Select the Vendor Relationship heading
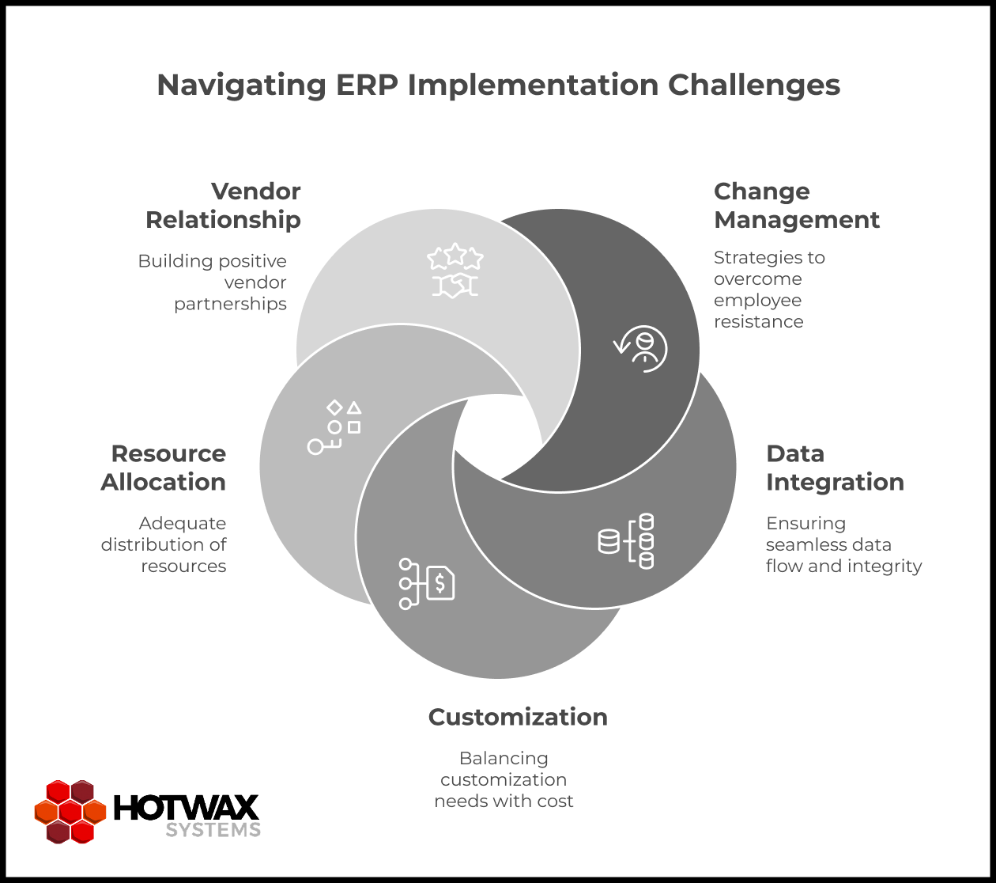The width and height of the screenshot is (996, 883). click(x=223, y=206)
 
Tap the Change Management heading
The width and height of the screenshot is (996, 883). click(x=796, y=206)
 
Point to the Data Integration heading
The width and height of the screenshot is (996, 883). click(x=835, y=468)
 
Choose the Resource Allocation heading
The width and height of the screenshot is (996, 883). click(x=164, y=468)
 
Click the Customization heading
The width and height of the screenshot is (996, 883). click(x=518, y=717)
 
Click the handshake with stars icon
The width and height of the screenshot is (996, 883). click(x=455, y=271)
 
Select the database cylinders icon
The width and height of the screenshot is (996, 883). click(x=626, y=541)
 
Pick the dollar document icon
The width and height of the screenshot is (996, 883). click(x=426, y=584)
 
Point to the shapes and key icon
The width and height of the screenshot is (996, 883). click(x=334, y=427)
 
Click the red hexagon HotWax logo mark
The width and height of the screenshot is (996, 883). click(x=70, y=811)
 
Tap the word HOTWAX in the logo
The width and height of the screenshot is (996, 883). click(x=187, y=808)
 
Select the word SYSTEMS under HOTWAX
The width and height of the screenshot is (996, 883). click(x=213, y=830)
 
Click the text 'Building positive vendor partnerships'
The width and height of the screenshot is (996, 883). click(x=212, y=282)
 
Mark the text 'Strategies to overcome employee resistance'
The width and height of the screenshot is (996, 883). click(x=758, y=290)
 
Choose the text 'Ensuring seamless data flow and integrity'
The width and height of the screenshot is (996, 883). click(x=843, y=544)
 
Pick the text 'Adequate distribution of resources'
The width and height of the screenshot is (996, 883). click(x=164, y=544)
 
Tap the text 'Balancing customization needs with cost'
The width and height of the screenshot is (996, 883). click(x=504, y=779)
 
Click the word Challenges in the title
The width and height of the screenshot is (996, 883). click(x=754, y=85)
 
